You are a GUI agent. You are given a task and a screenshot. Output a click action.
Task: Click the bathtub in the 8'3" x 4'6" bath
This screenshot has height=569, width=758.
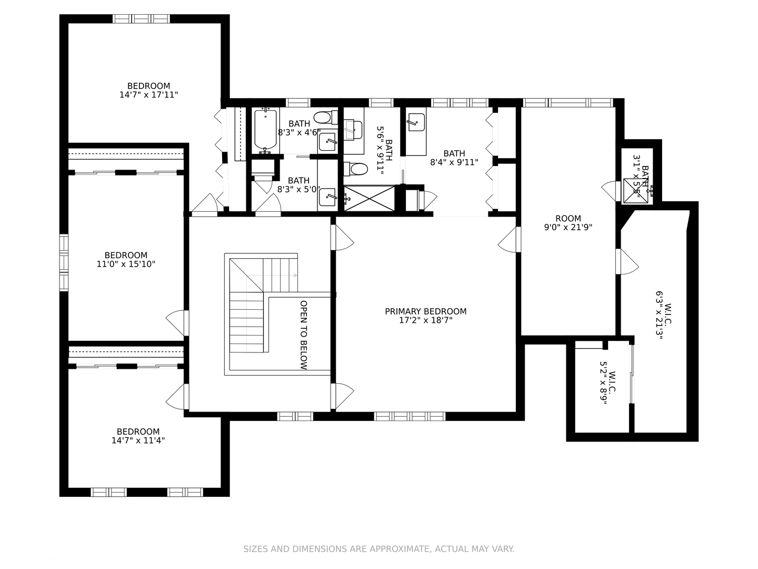[265, 130]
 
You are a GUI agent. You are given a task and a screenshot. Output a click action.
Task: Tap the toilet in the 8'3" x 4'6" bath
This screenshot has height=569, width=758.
[326, 117]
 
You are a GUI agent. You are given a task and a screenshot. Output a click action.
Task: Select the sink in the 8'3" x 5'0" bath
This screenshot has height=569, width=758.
[327, 198]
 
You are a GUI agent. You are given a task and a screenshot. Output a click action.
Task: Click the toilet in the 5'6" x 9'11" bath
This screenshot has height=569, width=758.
[355, 169]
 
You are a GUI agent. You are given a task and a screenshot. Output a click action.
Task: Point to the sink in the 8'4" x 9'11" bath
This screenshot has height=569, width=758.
[416, 122]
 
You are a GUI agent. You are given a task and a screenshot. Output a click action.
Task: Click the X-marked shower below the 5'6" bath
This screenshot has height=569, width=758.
[369, 198]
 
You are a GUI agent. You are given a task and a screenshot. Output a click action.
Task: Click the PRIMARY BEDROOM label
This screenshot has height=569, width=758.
[425, 311]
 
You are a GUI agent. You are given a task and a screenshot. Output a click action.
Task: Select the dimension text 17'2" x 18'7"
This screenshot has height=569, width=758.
[425, 320]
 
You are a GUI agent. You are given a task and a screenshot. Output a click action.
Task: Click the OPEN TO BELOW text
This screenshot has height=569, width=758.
[304, 335]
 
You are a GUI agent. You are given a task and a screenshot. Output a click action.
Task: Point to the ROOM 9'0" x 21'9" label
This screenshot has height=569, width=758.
[568, 223]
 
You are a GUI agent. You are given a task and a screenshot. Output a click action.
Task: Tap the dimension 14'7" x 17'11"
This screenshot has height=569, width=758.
[148, 95]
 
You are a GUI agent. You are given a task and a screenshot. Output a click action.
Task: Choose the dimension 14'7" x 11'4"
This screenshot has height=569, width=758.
[138, 440]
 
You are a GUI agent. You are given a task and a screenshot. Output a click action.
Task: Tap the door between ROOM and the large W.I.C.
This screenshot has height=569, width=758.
[627, 262]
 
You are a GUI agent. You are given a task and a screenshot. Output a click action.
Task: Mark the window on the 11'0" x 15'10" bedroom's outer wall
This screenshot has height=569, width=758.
[64, 262]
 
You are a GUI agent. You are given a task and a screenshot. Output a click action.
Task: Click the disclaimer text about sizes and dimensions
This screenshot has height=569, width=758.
[379, 549]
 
